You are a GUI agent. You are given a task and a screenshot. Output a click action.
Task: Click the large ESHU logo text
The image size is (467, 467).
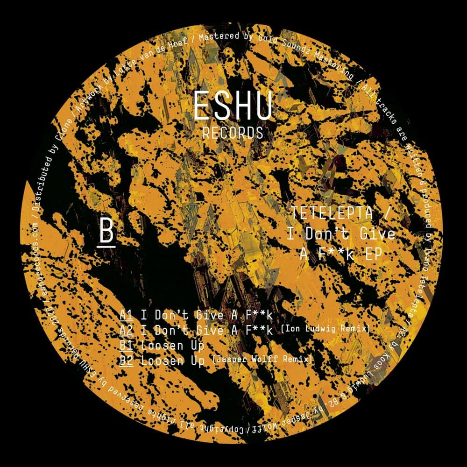pos(232,106)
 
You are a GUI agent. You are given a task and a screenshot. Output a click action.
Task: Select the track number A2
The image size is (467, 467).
pos(126,331)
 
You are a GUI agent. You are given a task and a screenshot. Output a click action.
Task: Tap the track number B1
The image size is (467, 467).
pos(126,346)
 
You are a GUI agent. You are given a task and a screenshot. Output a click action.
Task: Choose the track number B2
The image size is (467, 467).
pos(126,361)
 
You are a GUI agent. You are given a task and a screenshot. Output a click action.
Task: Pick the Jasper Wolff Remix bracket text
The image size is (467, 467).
pos(262,360)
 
